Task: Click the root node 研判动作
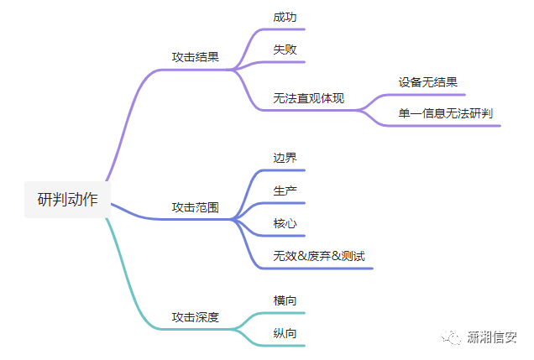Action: point(67,200)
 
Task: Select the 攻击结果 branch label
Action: point(196,58)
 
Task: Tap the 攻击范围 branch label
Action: point(196,207)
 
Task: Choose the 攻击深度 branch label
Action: point(196,317)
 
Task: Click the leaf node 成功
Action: point(285,18)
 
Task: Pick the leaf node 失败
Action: point(285,50)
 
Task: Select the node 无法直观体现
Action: point(308,98)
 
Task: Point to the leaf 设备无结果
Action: point(427,83)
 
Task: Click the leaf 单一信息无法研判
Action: point(445,113)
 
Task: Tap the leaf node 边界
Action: point(285,158)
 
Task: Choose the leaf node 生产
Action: point(285,190)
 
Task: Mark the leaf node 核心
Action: point(285,223)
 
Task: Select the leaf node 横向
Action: point(285,300)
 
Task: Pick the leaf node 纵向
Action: point(285,333)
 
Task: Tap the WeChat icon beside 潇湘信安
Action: point(453,337)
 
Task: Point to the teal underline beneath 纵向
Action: point(285,345)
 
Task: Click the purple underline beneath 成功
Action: point(285,29)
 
